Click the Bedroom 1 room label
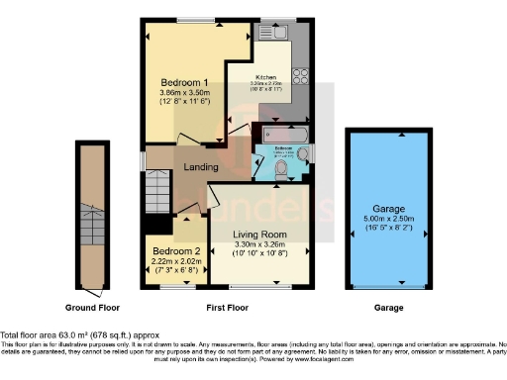(184, 81)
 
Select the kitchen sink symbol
(270, 34)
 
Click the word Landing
(201, 167)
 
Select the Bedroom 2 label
(172, 250)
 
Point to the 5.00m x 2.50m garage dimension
(387, 221)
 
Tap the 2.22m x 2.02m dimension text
(172, 261)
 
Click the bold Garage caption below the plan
(388, 309)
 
